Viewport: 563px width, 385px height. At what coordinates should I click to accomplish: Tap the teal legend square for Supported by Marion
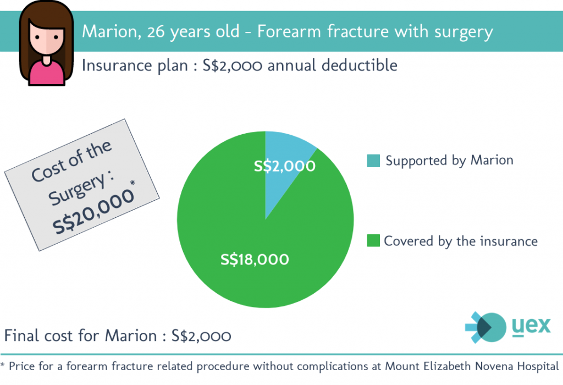click(x=373, y=161)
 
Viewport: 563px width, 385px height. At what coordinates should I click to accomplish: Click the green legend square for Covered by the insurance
click(x=373, y=241)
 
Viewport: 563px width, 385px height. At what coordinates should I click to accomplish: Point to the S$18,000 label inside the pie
click(x=255, y=259)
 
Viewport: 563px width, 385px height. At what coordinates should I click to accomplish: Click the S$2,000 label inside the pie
click(x=285, y=166)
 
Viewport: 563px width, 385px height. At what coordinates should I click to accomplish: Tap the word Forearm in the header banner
click(x=289, y=31)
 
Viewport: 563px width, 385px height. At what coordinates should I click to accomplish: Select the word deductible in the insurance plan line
click(x=360, y=65)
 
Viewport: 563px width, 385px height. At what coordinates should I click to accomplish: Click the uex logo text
click(x=531, y=326)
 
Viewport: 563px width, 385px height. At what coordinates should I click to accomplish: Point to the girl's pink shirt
click(x=47, y=73)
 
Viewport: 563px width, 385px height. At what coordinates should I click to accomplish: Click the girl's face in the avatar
click(x=47, y=39)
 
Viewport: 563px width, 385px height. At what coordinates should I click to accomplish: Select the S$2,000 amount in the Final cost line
click(x=201, y=336)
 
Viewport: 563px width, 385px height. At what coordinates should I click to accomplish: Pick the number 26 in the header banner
click(x=156, y=31)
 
